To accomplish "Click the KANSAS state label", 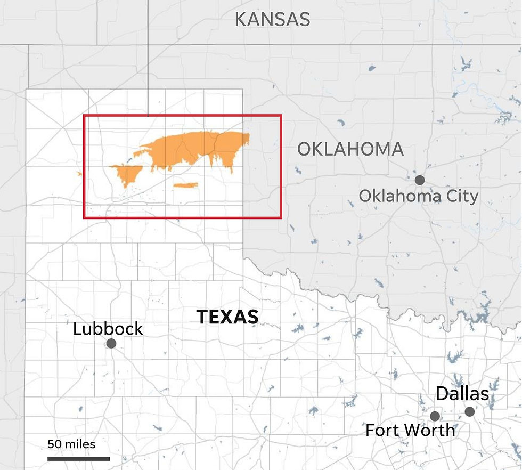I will pos(272,20).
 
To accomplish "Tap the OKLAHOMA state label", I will pos(350,149).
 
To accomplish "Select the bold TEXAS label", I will pos(227,317).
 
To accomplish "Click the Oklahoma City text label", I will pos(418,196).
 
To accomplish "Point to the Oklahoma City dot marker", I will pos(420,180).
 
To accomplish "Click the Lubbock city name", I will pos(108,329).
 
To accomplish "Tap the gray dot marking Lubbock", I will pos(111,344).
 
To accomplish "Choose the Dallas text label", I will pos(462,394).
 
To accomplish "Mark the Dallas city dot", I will pos(469,411).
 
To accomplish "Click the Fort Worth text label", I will pos(410,430).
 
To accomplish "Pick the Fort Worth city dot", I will pos(435,416).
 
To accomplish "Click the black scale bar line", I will pos(78,458).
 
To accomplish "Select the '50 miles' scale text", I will pos(71,444).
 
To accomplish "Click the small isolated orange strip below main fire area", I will pos(186,185).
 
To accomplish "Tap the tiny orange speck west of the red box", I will pos(79,173).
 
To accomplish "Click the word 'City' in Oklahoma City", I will pos(461,196).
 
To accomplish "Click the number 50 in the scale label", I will pos(54,444).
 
